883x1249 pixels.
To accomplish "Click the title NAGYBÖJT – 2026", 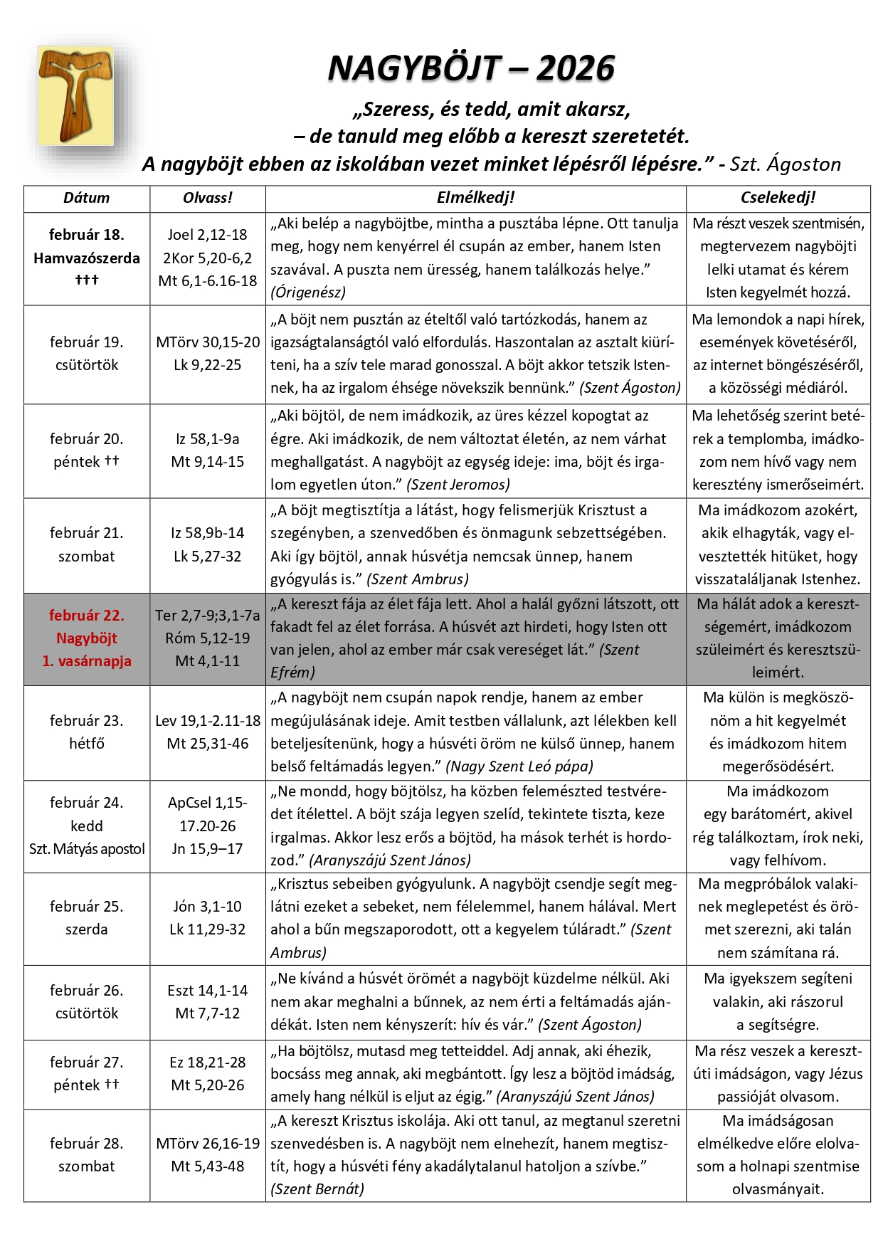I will [x=471, y=68].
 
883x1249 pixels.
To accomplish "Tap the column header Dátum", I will [x=86, y=198].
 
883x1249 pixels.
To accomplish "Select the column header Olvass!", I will [x=208, y=198].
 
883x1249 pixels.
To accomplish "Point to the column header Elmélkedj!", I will [x=475, y=198].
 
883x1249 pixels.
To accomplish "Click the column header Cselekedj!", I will [x=778, y=198].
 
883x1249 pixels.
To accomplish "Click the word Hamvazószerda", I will [x=86, y=258].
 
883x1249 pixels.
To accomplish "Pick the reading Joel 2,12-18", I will [x=208, y=235].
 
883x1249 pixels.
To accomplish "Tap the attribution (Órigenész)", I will [x=308, y=292].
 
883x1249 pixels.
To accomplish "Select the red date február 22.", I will [x=86, y=615].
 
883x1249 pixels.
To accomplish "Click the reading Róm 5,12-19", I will [x=208, y=638].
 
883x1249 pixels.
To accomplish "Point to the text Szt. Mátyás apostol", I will [x=86, y=848].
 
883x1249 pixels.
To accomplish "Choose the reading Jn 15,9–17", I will [x=208, y=848].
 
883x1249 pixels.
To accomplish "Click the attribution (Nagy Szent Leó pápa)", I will [x=519, y=766].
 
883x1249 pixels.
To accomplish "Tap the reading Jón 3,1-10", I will [x=208, y=906].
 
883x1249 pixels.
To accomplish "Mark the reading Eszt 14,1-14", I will [x=208, y=990].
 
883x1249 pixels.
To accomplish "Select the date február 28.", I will [x=86, y=1143].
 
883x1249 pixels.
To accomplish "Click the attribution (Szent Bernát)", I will [x=317, y=1189].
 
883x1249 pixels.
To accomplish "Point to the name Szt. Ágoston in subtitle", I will [x=785, y=164].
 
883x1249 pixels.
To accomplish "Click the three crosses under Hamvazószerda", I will [x=86, y=280].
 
